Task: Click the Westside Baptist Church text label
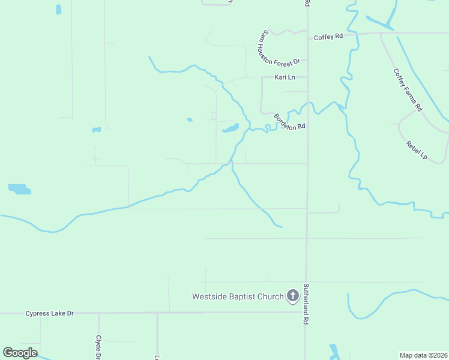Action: click(237, 296)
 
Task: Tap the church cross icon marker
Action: click(292, 295)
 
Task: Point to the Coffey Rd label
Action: click(328, 37)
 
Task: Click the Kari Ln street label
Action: click(285, 77)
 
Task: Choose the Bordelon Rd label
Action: click(290, 122)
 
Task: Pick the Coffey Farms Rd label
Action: click(408, 89)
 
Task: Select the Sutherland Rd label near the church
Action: click(306, 304)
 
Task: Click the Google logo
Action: click(20, 353)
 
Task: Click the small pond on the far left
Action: click(19, 190)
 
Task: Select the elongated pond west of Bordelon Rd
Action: click(231, 128)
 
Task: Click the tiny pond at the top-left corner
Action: click(58, 9)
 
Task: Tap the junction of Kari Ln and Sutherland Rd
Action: click(307, 77)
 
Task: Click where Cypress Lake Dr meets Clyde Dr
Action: click(98, 313)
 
